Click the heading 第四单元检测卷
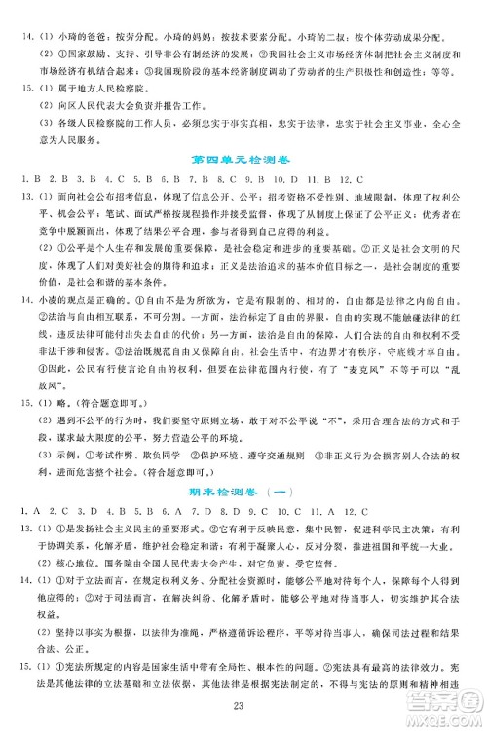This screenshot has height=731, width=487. tap(243, 159)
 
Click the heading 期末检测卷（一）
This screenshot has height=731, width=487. tap(243, 488)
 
